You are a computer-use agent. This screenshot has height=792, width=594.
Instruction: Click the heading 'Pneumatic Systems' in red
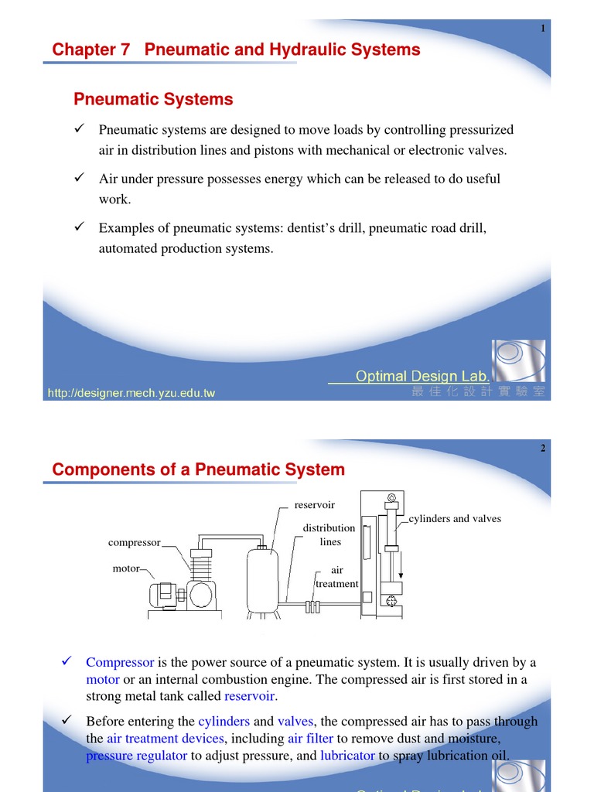click(152, 99)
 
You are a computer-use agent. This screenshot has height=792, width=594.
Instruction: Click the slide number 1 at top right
click(543, 29)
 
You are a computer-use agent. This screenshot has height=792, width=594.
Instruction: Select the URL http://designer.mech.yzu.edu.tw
click(131, 393)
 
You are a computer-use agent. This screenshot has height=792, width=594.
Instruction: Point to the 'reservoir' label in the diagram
click(315, 505)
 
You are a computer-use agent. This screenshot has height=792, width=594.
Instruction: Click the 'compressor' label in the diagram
click(134, 542)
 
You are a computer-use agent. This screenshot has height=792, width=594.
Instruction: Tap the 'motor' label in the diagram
click(126, 568)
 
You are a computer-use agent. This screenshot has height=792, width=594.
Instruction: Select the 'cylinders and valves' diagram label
click(455, 518)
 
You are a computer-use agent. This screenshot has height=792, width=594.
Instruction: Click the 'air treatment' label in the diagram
click(336, 577)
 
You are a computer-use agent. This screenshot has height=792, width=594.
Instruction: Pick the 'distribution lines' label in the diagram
click(329, 534)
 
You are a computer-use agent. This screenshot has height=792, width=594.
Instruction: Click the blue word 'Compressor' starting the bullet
click(120, 662)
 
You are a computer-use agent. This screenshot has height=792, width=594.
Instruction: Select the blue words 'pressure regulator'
click(136, 756)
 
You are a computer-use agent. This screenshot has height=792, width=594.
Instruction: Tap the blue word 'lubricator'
click(347, 756)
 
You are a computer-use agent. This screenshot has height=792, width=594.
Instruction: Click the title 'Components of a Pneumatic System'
click(198, 469)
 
